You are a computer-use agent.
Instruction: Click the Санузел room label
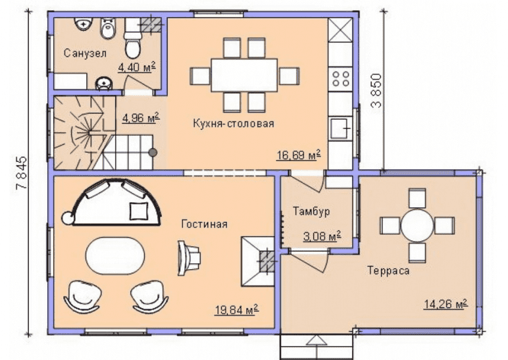85,53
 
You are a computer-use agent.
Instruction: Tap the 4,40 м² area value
136,67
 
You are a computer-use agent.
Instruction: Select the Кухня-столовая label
233,123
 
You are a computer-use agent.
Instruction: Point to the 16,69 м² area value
298,155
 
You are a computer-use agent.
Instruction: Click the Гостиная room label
204,224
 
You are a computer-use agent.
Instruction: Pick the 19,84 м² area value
237,310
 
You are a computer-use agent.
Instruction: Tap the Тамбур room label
311,211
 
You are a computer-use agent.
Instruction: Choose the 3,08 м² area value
322,236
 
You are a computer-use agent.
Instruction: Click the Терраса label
388,270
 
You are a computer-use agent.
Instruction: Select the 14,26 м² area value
445,305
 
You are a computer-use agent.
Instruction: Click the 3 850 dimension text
376,91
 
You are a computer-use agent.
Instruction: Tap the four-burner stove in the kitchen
340,78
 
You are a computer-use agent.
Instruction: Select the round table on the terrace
417,225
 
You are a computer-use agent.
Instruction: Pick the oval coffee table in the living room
115,256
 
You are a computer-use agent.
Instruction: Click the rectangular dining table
245,75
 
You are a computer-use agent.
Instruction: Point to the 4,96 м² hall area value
141,118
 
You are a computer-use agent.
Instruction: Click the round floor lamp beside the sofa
68,218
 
